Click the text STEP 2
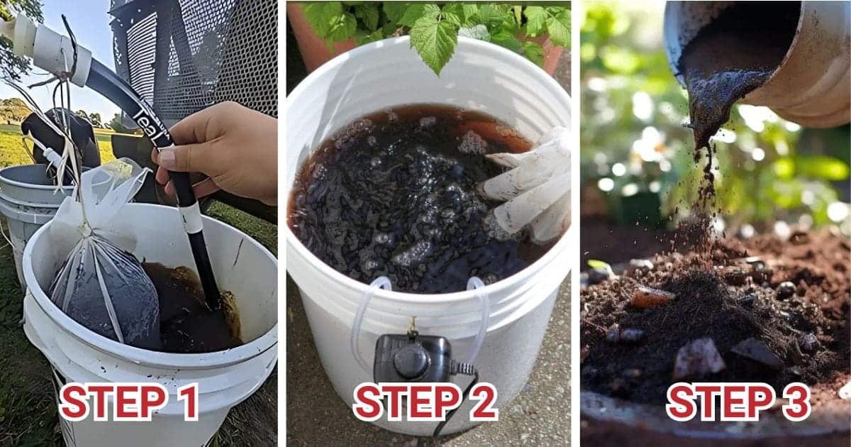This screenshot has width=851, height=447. click(x=425, y=402)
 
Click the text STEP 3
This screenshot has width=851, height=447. click(x=738, y=402)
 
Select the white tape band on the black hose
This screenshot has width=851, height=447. click(x=190, y=218)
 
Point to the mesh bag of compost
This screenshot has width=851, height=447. click(x=106, y=291)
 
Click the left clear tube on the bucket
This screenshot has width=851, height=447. click(x=365, y=312)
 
